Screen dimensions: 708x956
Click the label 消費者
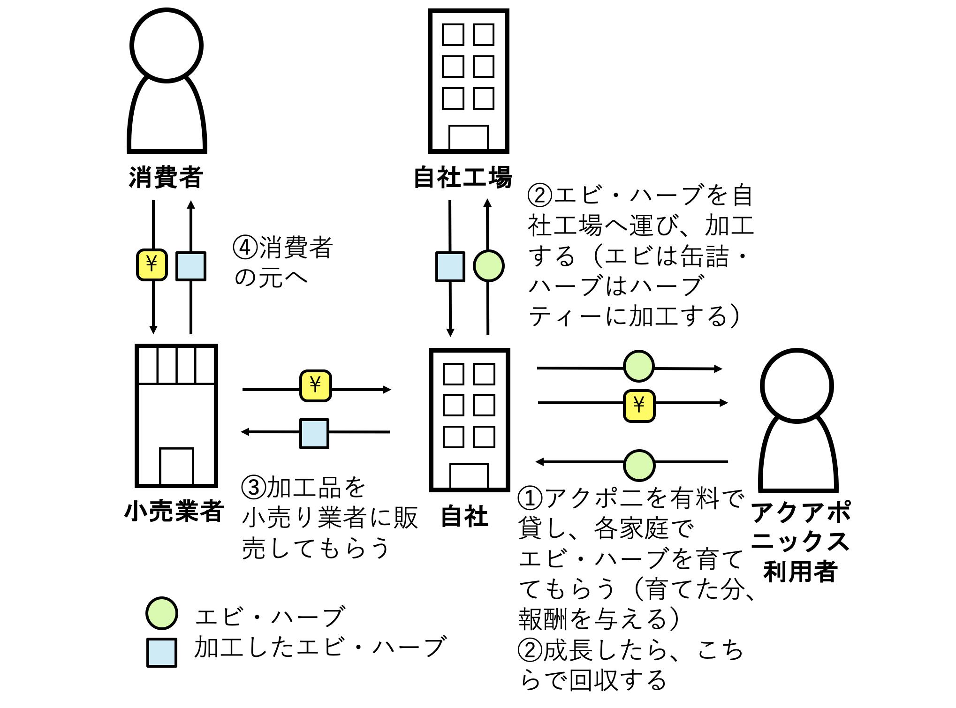[x=166, y=178]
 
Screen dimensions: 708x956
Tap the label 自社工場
[x=463, y=178]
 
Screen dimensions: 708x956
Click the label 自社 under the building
[x=464, y=516]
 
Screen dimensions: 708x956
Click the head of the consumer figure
[x=167, y=45]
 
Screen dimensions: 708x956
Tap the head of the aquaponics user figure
[x=797, y=385]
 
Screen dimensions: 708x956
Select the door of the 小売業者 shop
[x=176, y=466]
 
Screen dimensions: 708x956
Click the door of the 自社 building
[x=469, y=476]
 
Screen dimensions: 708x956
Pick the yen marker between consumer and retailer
[x=152, y=265]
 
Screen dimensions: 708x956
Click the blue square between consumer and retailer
[x=191, y=266]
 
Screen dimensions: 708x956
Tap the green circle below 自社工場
[x=488, y=266]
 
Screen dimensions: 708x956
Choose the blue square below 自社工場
[x=450, y=267]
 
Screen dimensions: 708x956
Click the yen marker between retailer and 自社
[x=315, y=386]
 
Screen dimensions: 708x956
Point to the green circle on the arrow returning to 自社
[x=639, y=465]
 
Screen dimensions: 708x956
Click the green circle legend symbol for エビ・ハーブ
[x=161, y=613]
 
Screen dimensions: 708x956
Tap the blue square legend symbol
[x=161, y=652]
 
